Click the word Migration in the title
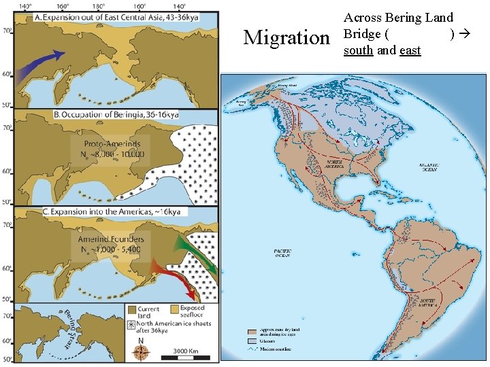tap(286, 37)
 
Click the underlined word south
tap(358, 50)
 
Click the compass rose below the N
tap(142, 352)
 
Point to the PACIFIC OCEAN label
tap(282, 254)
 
